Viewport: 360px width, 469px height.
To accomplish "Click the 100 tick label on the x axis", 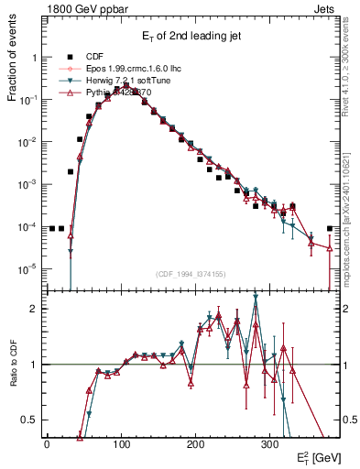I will click(x=121, y=443).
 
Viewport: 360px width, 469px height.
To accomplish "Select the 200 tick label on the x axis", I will click(x=195, y=443).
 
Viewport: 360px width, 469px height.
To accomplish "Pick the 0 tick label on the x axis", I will click(x=47, y=443).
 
